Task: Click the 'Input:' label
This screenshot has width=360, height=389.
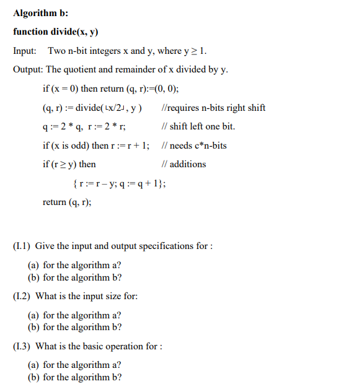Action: pyautogui.click(x=24, y=50)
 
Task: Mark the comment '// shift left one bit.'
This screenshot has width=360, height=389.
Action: pyautogui.click(x=197, y=126)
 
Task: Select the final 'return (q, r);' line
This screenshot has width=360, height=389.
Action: pyautogui.click(x=67, y=203)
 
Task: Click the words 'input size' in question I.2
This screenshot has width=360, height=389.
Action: pyautogui.click(x=92, y=296)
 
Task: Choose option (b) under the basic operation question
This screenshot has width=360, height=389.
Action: pyautogui.click(x=75, y=377)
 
